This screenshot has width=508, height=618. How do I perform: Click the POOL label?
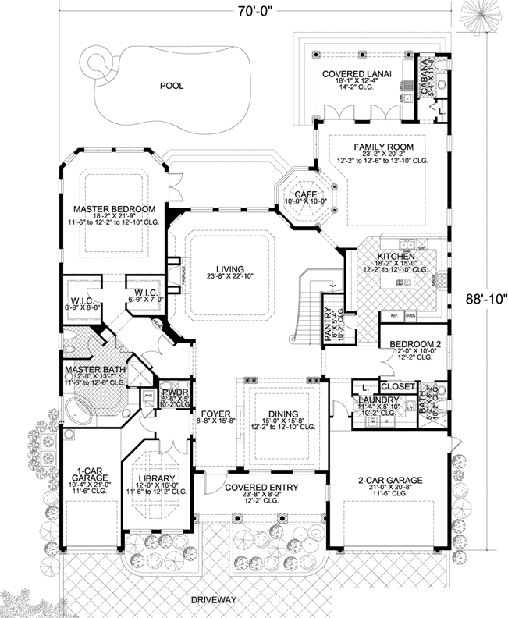point(171,86)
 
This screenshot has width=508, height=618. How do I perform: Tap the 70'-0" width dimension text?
point(256,11)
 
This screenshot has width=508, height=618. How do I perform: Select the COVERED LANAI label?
point(361,73)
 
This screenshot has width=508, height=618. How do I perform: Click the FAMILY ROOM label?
point(383,147)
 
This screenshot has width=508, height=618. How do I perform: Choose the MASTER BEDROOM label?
point(115,209)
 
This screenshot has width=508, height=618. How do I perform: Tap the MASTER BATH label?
point(93,369)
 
